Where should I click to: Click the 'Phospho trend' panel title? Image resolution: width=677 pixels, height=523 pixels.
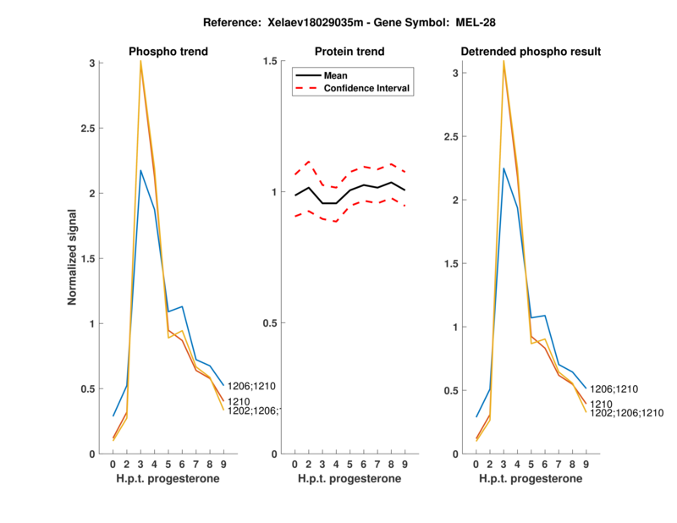point(168,52)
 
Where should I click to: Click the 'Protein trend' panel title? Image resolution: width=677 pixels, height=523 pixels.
point(350,52)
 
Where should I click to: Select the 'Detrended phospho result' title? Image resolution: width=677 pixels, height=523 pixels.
point(531,52)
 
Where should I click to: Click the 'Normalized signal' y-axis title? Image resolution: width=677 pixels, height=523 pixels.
point(74,257)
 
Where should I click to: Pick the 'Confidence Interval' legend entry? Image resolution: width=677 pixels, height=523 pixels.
point(367,89)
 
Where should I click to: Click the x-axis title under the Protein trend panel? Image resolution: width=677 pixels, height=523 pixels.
point(350,479)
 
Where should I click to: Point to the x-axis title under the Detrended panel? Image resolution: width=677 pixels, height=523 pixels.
point(531,479)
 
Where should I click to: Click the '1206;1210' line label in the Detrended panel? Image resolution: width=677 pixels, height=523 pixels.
point(614,389)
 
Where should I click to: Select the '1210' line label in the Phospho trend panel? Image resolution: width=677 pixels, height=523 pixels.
point(239,400)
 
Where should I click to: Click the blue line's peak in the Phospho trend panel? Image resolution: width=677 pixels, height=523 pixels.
point(141,171)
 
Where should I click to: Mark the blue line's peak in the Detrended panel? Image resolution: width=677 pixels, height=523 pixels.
point(504,168)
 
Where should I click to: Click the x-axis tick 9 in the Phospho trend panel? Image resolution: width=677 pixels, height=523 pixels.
point(223,464)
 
